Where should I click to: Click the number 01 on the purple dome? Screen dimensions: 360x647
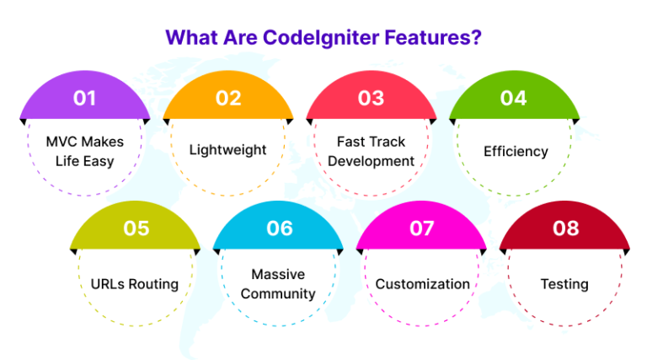pos(84,98)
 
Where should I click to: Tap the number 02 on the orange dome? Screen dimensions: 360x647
pos(227,98)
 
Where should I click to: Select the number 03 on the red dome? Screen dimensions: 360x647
pos(371,98)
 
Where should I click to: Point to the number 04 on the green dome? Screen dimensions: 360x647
pos(513,98)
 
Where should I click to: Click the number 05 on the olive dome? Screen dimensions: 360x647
pos(135,228)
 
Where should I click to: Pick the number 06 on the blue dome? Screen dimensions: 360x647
pos(279,228)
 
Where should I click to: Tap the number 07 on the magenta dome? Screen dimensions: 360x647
pos(421,228)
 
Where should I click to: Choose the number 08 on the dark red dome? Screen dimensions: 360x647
pos(565,228)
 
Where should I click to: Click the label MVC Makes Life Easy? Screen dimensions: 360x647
pos(84,150)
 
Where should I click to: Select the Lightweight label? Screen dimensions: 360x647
pos(227,150)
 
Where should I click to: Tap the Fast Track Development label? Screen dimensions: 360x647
pos(371,152)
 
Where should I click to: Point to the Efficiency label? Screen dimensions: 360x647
pos(516,151)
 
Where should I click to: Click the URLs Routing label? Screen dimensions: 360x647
pos(135,284)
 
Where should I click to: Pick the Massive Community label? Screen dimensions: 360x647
pos(278,284)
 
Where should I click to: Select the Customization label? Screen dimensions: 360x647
pos(422,284)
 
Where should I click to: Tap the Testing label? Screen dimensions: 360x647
pos(564,284)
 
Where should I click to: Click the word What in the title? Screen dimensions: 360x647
pos(188,38)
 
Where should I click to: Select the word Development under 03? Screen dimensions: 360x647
pos(371,161)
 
